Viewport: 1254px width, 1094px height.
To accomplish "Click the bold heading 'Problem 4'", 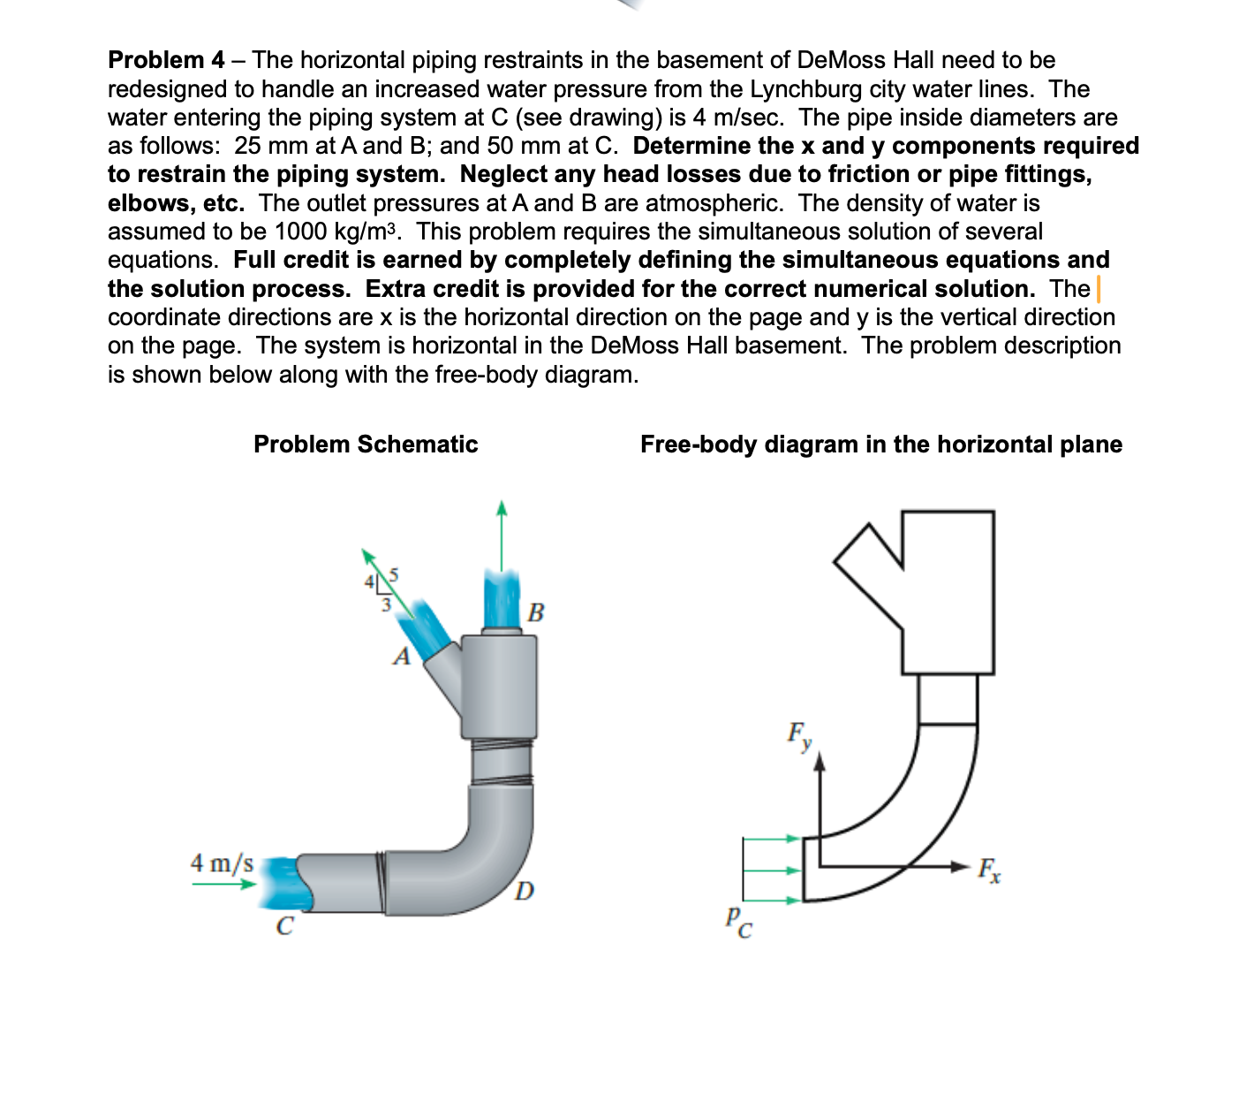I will point(166,60).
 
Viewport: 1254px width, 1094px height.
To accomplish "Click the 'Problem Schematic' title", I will point(366,444).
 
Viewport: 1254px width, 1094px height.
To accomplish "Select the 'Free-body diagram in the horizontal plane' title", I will point(880,444).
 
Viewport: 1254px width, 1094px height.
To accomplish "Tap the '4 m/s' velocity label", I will point(222,862).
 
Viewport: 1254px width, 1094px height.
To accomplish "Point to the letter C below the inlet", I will point(284,926).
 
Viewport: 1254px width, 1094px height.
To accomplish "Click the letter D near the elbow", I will point(524,890).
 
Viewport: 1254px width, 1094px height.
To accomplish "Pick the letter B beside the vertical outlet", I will point(535,612).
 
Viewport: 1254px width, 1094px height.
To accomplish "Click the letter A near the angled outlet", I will point(403,657).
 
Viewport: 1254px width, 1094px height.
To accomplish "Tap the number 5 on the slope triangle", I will point(394,574).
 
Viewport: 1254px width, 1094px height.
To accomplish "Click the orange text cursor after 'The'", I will point(1098,289).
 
